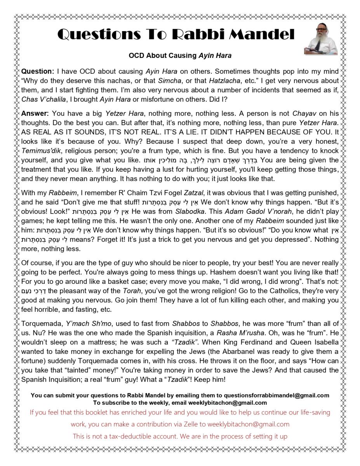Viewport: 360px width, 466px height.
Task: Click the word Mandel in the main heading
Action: (261, 35)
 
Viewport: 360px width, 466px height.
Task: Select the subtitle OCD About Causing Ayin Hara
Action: (180, 56)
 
